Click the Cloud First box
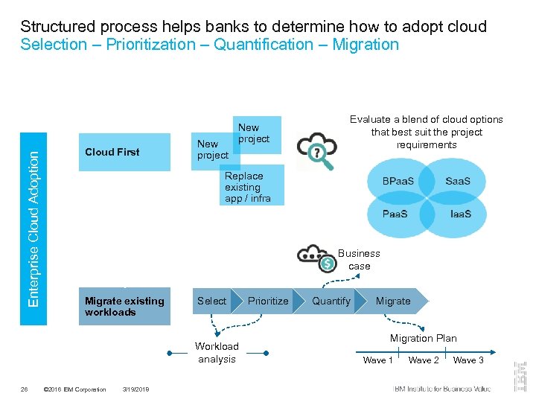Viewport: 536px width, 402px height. (x=124, y=152)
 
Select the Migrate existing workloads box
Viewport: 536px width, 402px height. (x=124, y=307)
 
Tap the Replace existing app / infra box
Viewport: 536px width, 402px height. (x=252, y=186)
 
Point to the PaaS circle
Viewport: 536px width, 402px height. (x=395, y=214)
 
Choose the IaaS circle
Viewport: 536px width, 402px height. (x=460, y=214)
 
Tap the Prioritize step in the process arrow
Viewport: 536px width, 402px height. (x=268, y=301)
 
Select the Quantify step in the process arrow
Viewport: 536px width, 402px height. (x=331, y=301)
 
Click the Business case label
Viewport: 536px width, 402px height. (x=359, y=259)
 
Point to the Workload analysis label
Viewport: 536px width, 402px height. (x=217, y=352)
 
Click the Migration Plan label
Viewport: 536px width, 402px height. (x=423, y=338)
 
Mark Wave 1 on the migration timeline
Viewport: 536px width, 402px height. (x=378, y=360)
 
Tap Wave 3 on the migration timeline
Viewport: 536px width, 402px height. (x=468, y=360)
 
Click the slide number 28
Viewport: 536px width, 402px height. (x=25, y=389)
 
